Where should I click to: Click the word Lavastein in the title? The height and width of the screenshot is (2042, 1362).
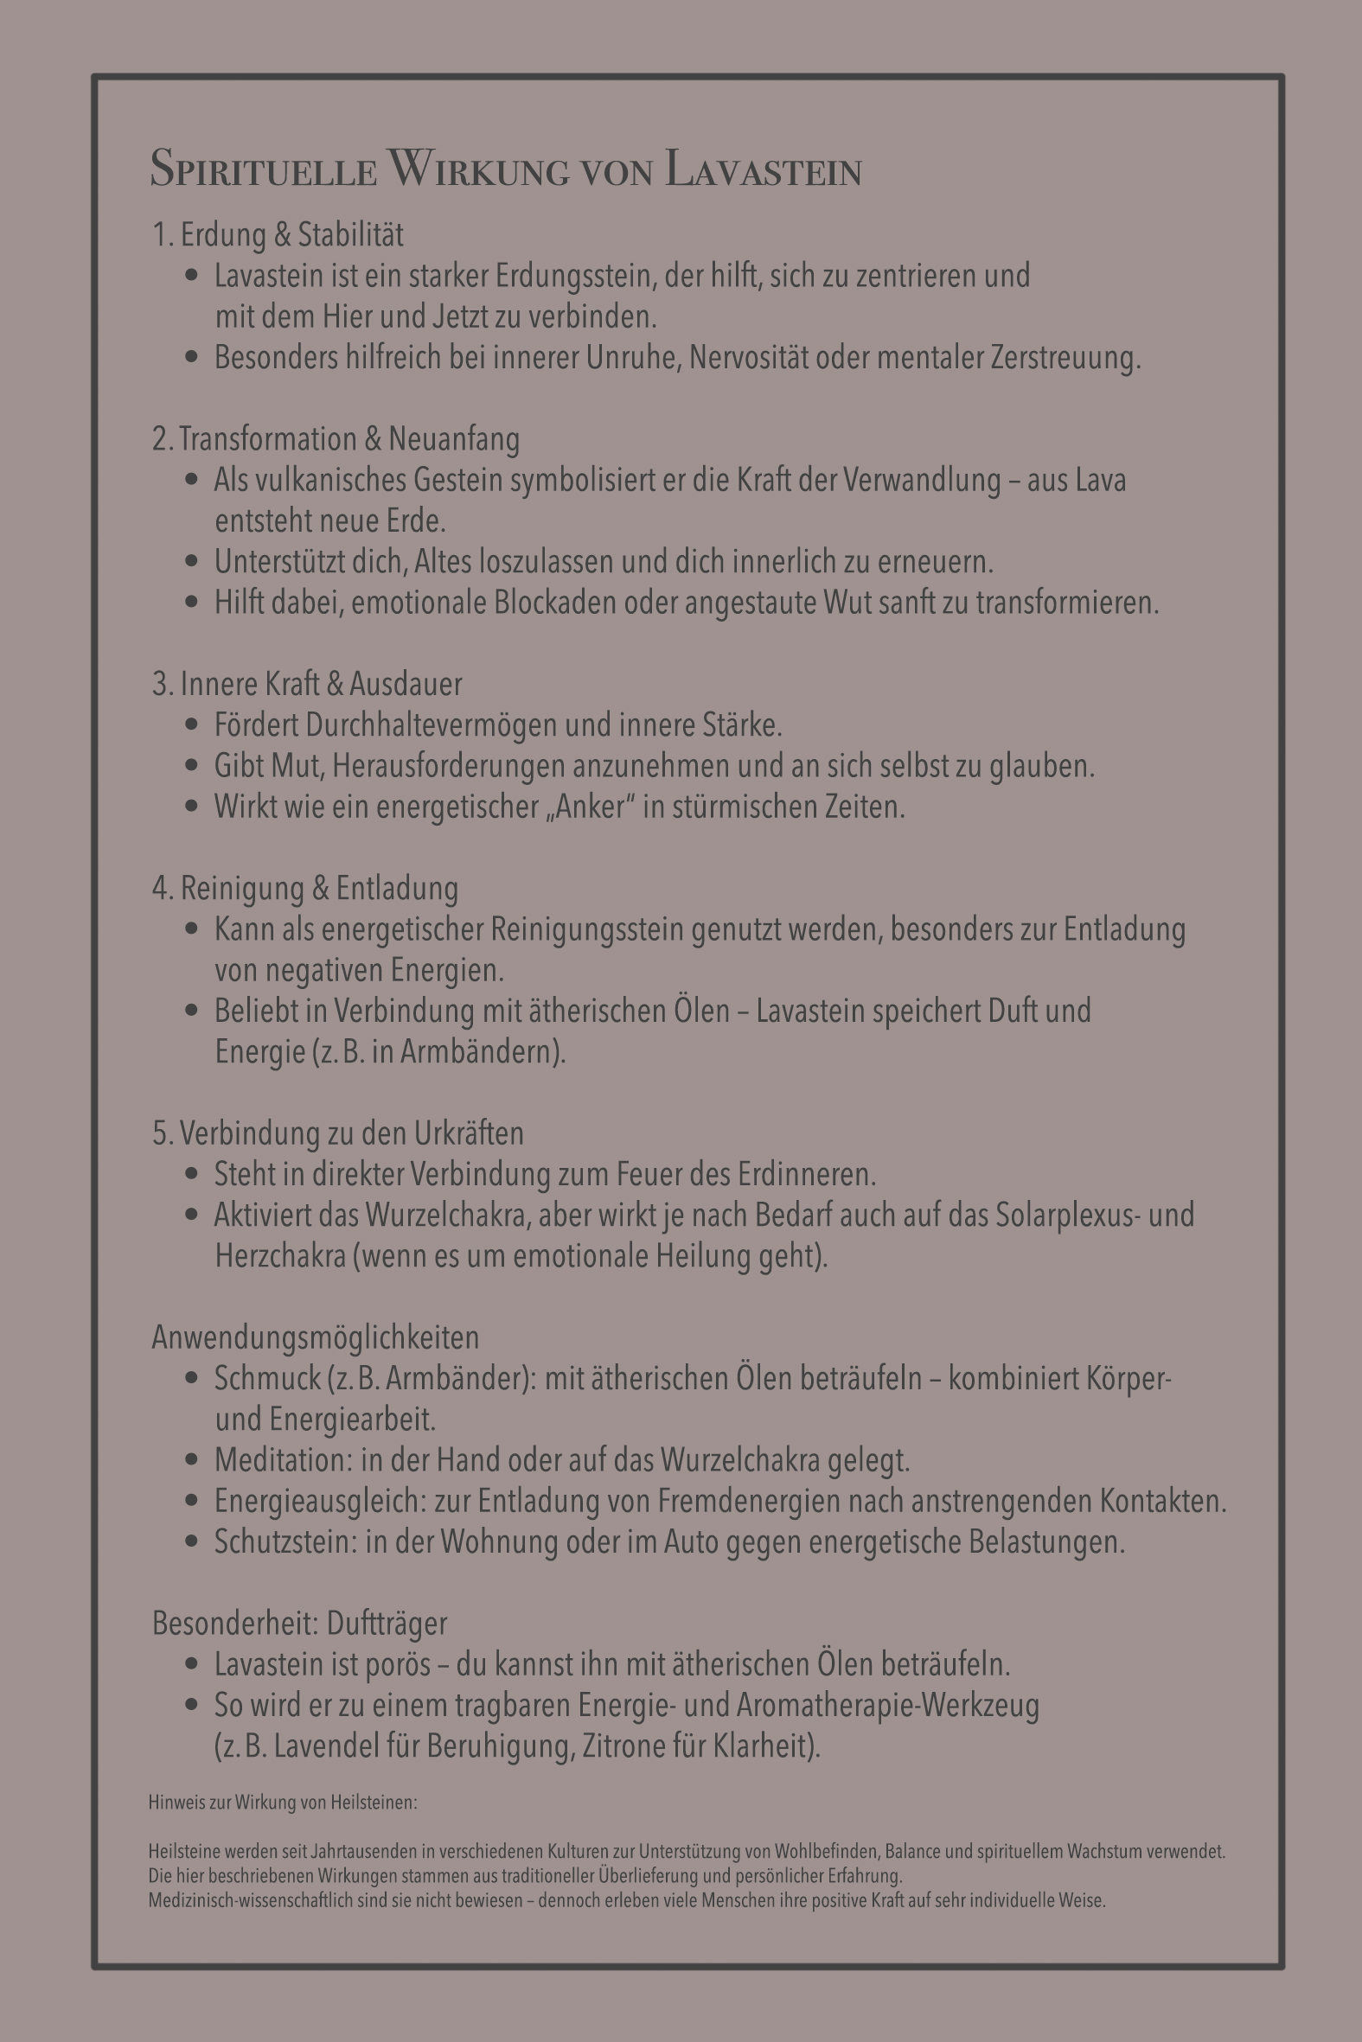[x=764, y=169]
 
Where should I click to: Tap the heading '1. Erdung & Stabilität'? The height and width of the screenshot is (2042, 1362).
[x=278, y=234]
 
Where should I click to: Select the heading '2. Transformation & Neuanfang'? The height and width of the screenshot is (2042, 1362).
[x=336, y=439]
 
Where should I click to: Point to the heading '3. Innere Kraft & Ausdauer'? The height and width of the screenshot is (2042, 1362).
[x=308, y=684]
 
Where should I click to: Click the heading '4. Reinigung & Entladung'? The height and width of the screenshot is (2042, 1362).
[x=306, y=888]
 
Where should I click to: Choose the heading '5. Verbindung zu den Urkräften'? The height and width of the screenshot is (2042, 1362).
[x=338, y=1133]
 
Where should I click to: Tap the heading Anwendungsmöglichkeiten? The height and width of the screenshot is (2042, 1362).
[x=316, y=1338]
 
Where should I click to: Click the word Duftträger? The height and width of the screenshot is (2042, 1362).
[x=387, y=1624]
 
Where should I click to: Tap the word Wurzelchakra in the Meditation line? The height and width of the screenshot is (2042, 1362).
[x=740, y=1460]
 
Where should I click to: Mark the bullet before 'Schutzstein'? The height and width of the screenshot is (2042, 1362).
[x=192, y=1542]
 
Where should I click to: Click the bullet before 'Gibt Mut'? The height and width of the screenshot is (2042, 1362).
[x=192, y=766]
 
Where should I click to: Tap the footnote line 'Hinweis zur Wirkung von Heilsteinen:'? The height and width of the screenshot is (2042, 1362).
[x=282, y=1803]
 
